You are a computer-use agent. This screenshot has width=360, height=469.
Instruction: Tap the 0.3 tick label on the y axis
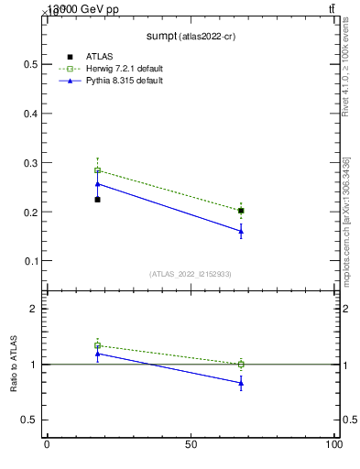(x=31, y=163)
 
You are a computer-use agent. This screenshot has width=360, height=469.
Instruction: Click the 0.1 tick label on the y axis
(x=31, y=261)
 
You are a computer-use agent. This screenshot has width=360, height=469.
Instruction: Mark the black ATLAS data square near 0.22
(x=97, y=200)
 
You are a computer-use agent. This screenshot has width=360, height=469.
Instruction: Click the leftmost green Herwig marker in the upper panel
(x=97, y=170)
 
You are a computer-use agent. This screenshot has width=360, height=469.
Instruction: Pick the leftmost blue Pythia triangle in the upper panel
(x=97, y=183)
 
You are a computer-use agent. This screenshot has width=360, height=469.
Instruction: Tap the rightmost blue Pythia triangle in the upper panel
(x=241, y=231)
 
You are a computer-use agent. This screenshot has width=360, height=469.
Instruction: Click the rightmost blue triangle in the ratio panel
(x=241, y=383)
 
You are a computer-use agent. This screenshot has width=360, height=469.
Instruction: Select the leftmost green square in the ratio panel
(x=97, y=345)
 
